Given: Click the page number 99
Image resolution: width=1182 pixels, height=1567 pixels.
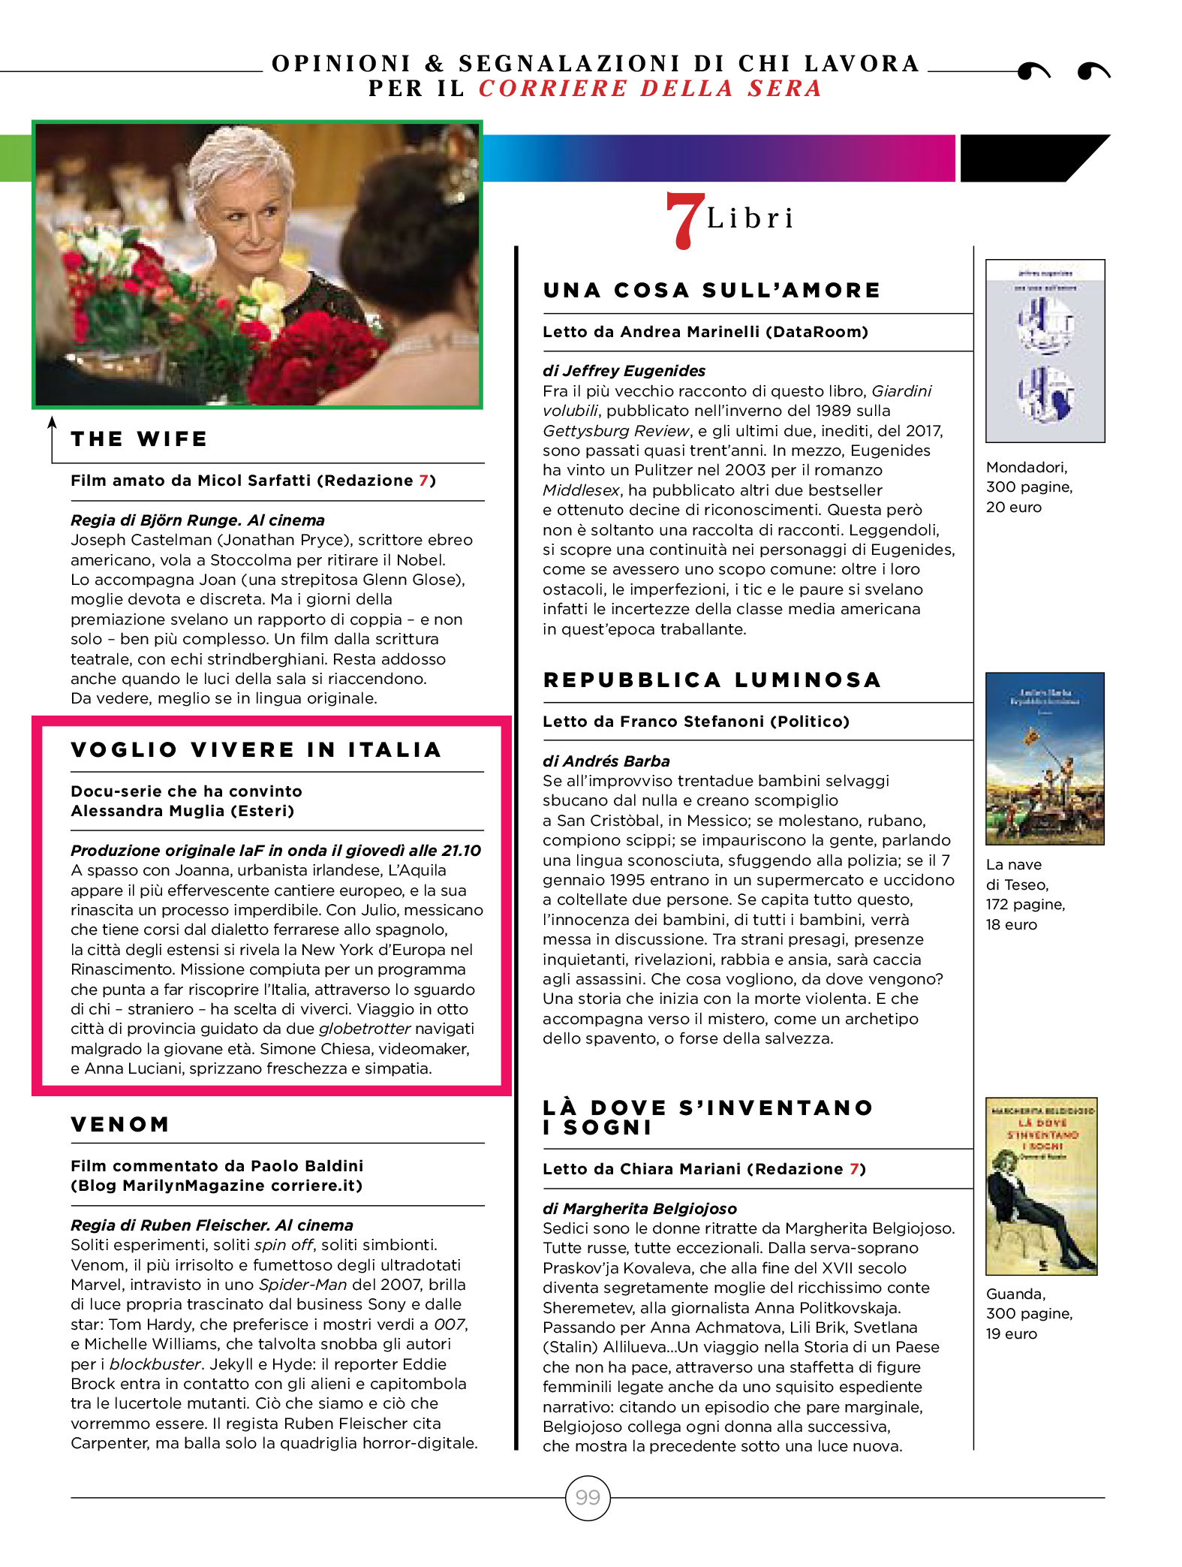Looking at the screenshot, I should (588, 1497).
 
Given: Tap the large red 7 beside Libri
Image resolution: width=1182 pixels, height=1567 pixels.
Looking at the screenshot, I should (684, 219).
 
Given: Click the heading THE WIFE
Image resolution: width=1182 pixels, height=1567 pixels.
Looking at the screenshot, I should (139, 438).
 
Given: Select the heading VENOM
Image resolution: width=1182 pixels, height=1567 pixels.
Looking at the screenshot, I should (120, 1124).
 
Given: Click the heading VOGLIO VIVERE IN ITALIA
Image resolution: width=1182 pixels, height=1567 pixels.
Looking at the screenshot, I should (256, 749).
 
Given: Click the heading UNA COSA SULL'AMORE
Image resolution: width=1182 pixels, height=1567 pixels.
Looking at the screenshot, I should (711, 290).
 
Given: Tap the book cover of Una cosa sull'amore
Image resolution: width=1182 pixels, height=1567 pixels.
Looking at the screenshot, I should (1045, 351).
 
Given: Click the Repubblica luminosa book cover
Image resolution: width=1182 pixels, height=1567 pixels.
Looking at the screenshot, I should (1045, 758).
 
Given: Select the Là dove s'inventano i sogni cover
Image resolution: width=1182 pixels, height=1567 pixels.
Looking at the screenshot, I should (1041, 1186).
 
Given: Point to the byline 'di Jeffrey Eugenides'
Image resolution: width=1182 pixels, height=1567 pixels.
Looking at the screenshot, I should (624, 370).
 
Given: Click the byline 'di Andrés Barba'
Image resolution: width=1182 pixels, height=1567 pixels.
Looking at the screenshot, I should (606, 761).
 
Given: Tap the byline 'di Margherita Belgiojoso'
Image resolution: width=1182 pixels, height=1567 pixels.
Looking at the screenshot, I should (639, 1208).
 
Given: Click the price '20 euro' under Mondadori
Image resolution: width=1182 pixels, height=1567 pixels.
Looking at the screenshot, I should (1013, 507).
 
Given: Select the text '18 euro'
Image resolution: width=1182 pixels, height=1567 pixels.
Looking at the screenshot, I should (1011, 924).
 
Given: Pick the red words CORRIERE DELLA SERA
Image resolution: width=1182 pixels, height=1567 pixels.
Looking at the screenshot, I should (650, 89).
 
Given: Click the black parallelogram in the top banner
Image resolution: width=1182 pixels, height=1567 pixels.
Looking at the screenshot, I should (1028, 158).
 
